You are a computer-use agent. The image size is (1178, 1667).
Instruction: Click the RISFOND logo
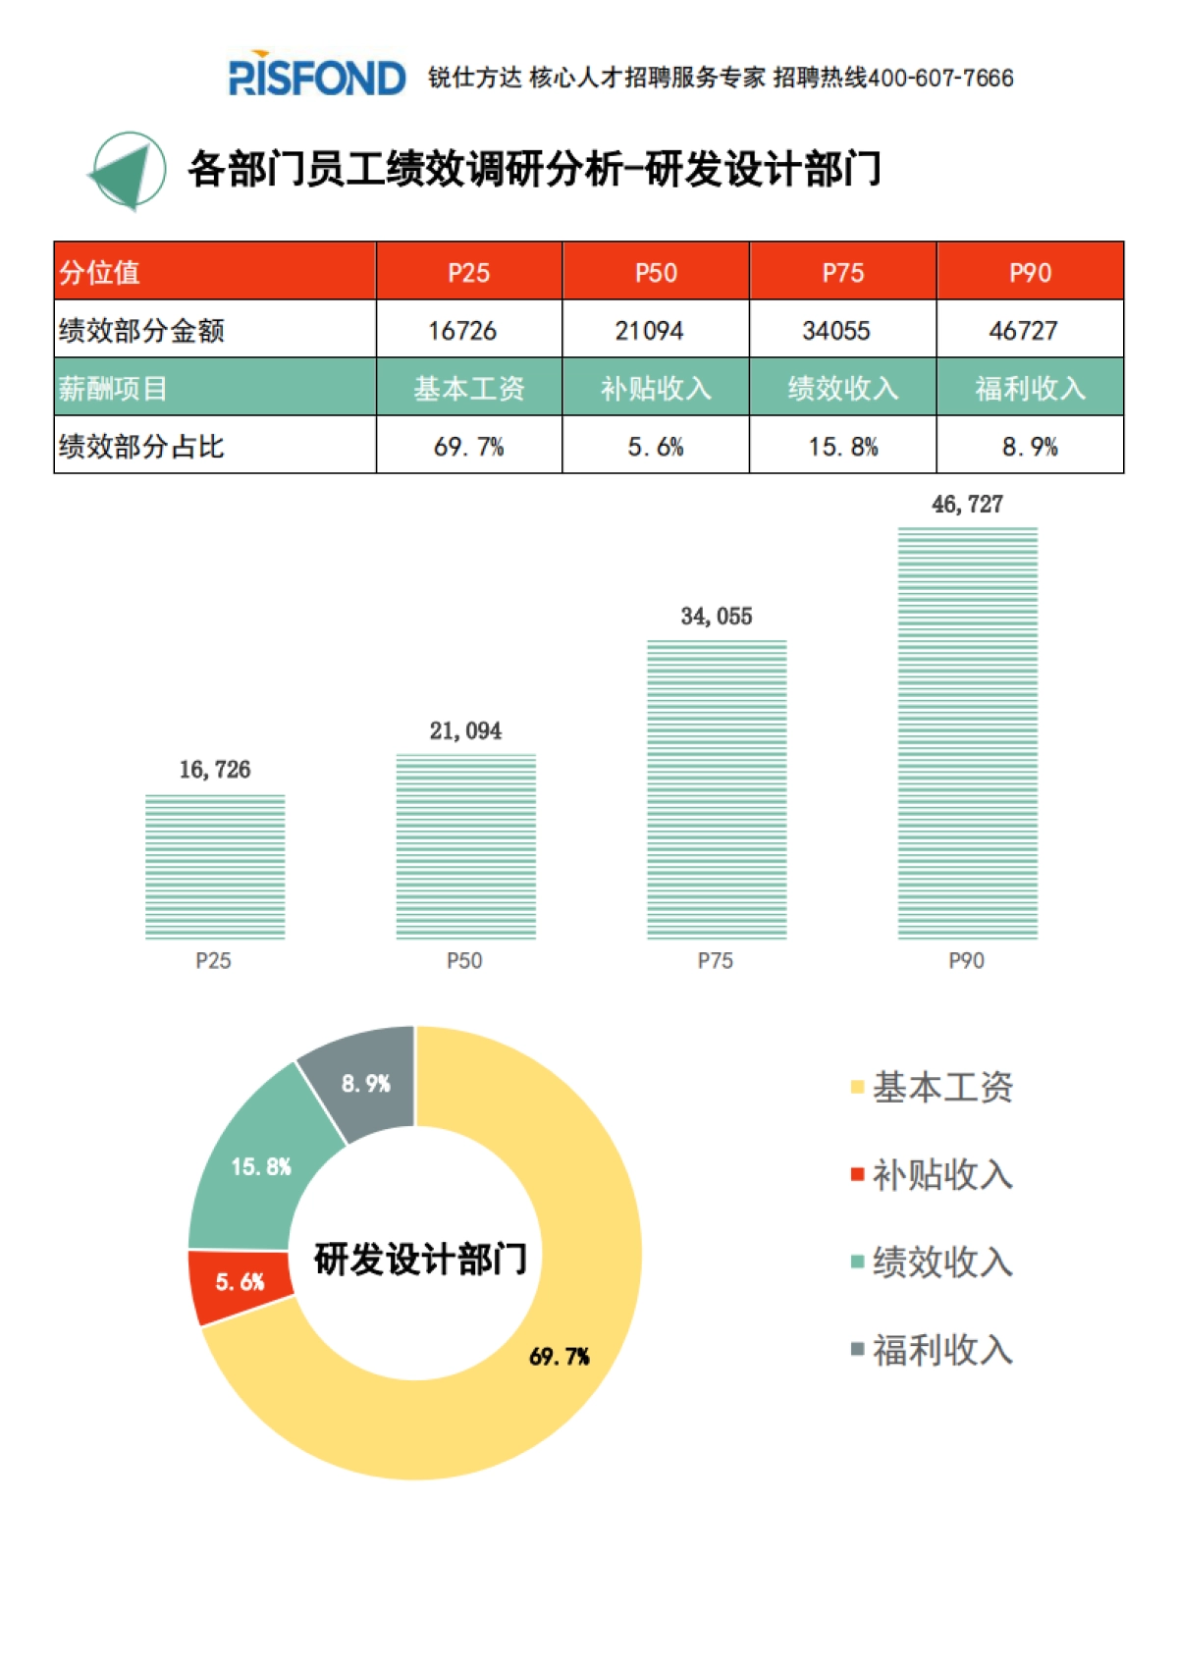316,77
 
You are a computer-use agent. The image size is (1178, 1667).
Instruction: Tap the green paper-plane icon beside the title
129,172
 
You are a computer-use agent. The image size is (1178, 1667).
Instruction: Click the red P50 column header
656,272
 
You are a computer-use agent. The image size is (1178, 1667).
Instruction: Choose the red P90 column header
1030,272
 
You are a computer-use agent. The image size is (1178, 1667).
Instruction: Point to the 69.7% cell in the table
469,447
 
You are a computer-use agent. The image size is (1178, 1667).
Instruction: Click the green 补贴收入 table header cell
656,389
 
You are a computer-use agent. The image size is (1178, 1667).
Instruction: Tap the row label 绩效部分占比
142,447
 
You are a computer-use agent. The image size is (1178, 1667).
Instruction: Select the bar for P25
215,867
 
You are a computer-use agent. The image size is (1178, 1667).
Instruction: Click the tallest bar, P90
967,733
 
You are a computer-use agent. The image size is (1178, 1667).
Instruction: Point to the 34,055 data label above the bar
717,617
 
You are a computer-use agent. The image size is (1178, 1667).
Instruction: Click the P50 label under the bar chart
464,960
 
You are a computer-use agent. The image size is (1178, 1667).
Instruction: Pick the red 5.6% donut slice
241,1283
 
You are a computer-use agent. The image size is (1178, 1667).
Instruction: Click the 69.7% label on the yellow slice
560,1357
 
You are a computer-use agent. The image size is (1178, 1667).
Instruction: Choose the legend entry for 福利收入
933,1350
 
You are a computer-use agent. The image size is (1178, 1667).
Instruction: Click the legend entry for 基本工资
933,1087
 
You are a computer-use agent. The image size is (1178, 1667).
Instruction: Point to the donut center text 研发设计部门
420,1259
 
